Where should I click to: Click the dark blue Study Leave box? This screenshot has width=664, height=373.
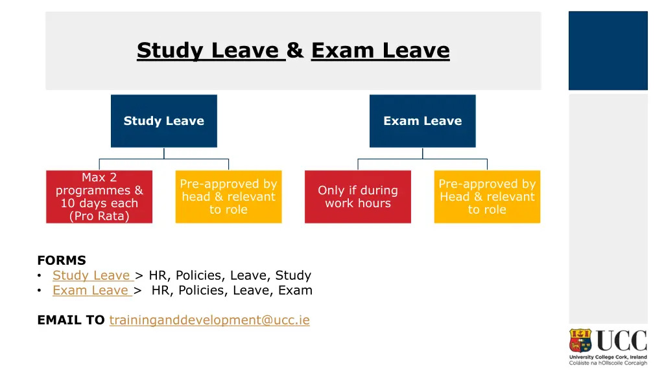point(163,121)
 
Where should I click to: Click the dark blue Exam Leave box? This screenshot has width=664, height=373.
point(422,121)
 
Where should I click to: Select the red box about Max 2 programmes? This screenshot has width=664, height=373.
point(99,196)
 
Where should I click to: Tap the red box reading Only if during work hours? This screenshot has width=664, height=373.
point(357,196)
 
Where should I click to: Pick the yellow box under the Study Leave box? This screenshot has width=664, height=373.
point(228,196)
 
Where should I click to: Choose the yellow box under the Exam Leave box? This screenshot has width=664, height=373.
point(487,196)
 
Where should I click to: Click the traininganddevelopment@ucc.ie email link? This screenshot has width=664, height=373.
point(209,320)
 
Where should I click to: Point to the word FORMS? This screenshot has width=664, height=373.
point(62,260)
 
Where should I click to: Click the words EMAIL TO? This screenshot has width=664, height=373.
point(71,320)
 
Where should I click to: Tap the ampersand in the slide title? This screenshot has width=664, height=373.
point(295,50)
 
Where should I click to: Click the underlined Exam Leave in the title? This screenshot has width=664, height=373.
point(380,50)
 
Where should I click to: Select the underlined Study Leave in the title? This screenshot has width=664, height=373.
point(211,50)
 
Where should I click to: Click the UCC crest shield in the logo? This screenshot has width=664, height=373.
point(580,341)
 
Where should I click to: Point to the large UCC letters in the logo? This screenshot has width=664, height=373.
point(621,341)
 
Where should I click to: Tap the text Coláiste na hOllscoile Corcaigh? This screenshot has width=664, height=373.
point(608,363)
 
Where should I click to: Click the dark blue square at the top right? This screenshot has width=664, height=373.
point(608,51)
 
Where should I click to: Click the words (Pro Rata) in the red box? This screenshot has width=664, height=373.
point(99,216)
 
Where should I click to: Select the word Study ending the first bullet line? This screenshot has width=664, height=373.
point(293,275)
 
